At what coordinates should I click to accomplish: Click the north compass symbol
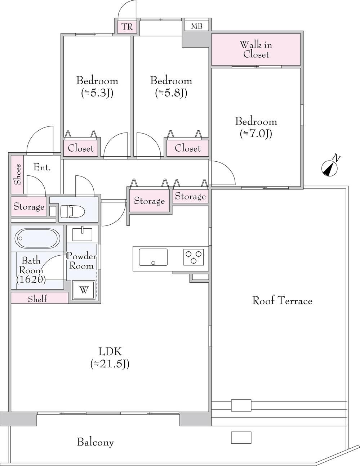click(x=329, y=168)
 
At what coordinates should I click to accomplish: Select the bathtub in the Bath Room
click(x=37, y=238)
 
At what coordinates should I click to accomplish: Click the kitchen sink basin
click(x=153, y=257)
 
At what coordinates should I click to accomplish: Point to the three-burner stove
click(x=194, y=257)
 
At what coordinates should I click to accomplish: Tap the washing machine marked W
click(x=84, y=290)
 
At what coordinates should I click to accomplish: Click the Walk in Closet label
click(x=256, y=50)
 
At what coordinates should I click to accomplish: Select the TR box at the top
click(x=127, y=26)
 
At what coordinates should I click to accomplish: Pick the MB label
click(x=197, y=26)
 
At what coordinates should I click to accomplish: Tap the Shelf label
click(x=37, y=299)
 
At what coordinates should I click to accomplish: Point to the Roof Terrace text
click(x=282, y=300)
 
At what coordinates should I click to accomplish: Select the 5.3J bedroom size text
click(x=97, y=93)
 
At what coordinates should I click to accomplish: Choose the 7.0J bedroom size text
click(x=256, y=134)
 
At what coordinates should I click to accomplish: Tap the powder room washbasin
click(x=83, y=234)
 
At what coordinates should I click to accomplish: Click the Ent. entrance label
click(x=42, y=167)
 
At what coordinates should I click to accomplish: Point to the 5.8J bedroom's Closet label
click(x=188, y=148)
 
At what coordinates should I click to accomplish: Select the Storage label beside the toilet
click(x=29, y=206)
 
